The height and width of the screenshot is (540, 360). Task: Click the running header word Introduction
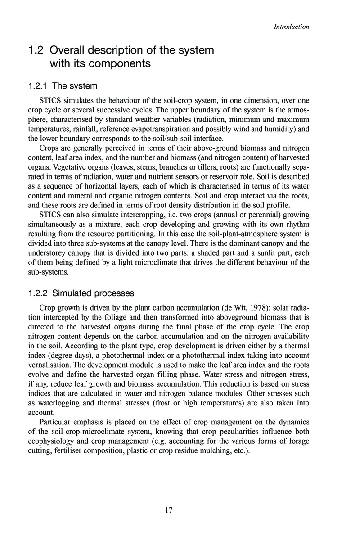pos(292,27)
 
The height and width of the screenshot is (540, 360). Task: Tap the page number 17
pos(169,510)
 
